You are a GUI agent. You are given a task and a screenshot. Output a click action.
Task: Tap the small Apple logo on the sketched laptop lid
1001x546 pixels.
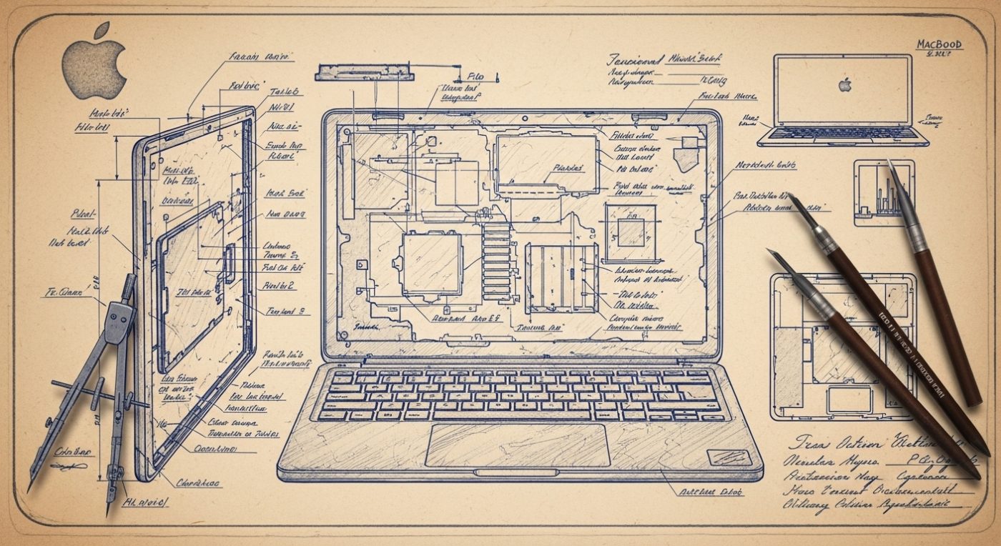[x=845, y=85]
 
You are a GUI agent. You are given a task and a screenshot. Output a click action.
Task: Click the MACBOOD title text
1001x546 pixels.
[x=940, y=44]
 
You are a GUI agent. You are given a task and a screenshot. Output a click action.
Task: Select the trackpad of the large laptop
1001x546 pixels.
[x=518, y=445]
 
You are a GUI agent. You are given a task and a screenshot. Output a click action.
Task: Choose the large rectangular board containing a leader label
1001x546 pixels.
[x=546, y=164]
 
